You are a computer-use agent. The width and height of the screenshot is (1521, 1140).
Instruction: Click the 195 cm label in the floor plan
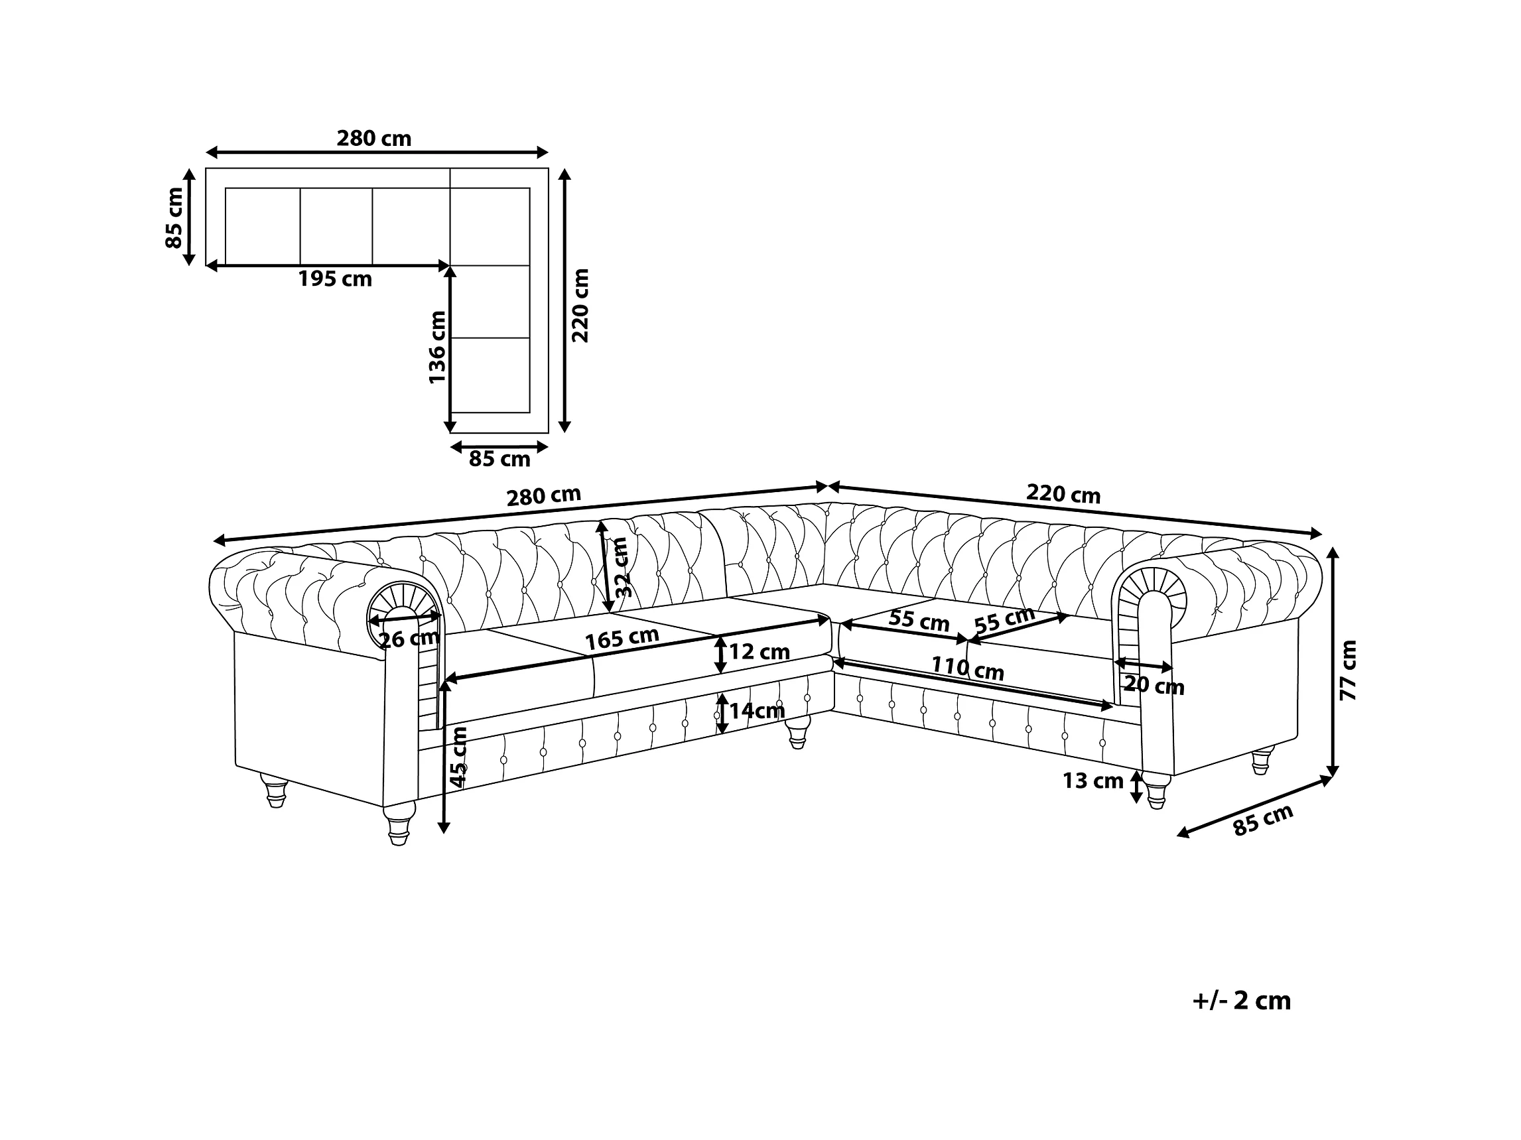click(335, 279)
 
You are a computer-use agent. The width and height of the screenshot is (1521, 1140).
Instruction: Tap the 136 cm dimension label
click(437, 348)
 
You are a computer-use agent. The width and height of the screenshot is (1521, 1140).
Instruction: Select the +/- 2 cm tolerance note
click(1242, 1001)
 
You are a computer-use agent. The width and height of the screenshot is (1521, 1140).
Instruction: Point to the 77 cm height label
click(1349, 670)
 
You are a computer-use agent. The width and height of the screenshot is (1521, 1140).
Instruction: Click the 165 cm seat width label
click(622, 639)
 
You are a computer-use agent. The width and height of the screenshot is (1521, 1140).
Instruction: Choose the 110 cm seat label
click(968, 668)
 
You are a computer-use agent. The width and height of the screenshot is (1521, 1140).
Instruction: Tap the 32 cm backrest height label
click(621, 567)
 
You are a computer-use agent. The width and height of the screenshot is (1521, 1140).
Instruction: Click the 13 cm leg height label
click(1092, 781)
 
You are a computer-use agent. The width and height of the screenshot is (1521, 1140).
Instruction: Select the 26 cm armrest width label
click(409, 639)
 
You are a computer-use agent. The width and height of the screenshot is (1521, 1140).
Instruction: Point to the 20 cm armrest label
click(1154, 686)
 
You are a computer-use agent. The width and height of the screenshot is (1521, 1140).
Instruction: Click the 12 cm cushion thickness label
click(759, 651)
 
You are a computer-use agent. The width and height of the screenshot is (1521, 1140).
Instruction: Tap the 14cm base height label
click(756, 710)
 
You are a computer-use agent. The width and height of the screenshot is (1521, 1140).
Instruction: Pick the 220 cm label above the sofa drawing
click(1063, 493)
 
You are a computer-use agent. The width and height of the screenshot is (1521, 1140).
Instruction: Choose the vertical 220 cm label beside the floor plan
click(581, 305)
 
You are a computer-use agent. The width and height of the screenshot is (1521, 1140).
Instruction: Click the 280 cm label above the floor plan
click(374, 139)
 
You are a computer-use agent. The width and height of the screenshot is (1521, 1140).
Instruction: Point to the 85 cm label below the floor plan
click(500, 459)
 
